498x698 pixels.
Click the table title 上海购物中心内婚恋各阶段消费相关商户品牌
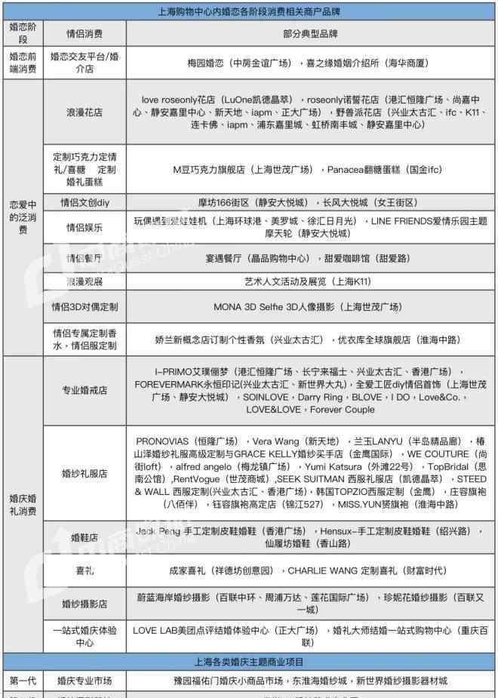(248, 11)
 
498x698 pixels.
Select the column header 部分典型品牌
(311, 34)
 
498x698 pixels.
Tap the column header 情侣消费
(85, 34)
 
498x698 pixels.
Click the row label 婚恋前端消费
(22, 63)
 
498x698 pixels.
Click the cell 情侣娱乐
(85, 227)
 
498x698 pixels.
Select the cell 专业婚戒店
(85, 390)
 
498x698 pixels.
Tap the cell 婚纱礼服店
(85, 473)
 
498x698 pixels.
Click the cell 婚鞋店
(85, 537)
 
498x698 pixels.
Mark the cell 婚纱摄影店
(85, 604)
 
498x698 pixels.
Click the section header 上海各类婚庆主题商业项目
(248, 663)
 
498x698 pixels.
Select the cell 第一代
(22, 681)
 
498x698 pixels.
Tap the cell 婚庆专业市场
(85, 681)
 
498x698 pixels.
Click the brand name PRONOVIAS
(163, 441)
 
